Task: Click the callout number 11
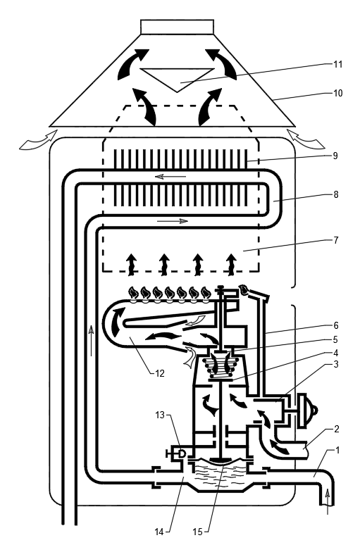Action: pyautogui.click(x=337, y=64)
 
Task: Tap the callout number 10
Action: pyautogui.click(x=337, y=93)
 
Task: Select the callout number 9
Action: pyautogui.click(x=335, y=156)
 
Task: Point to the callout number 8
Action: pyautogui.click(x=335, y=194)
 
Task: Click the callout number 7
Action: pyautogui.click(x=335, y=240)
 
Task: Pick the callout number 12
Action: pyautogui.click(x=160, y=373)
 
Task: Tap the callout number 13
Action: pyautogui.click(x=160, y=415)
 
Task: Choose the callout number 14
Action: pyautogui.click(x=159, y=532)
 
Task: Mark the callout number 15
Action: pyautogui.click(x=197, y=532)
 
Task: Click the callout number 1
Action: pyautogui.click(x=337, y=451)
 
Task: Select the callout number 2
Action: pyautogui.click(x=336, y=430)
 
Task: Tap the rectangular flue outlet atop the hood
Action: pyautogui.click(x=177, y=27)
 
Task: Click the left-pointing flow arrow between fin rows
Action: pyautogui.click(x=170, y=177)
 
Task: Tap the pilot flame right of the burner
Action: pyautogui.click(x=244, y=289)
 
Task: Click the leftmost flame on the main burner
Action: pyautogui.click(x=133, y=293)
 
